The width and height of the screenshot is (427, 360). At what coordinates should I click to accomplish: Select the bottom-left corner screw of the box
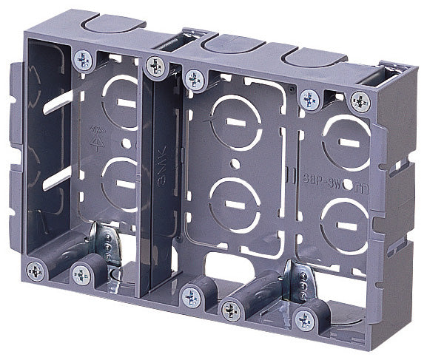coord(36,270)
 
